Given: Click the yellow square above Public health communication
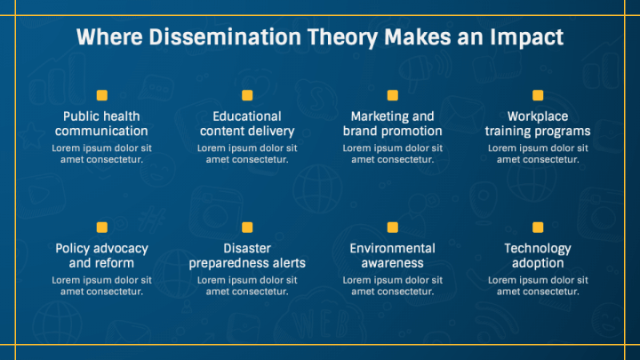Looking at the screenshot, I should [x=101, y=95].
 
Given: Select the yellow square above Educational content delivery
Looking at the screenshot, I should [x=247, y=95].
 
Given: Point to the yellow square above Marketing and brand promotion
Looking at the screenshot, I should [x=392, y=95].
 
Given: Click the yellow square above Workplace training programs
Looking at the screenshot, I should [x=538, y=95].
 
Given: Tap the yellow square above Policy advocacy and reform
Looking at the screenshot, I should [x=101, y=228].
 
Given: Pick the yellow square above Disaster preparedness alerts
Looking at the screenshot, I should [x=247, y=228].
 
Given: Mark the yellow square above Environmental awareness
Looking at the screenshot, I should [x=392, y=228].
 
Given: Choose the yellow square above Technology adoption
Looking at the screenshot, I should [x=538, y=228].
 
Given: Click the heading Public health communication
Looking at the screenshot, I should [x=101, y=124].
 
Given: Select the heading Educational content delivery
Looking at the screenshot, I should [x=247, y=124].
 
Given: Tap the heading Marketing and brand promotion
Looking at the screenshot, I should [x=392, y=124].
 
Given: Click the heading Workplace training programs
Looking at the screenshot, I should [x=538, y=124].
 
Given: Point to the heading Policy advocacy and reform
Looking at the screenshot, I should [x=101, y=256].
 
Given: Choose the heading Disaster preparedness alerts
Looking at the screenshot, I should [x=247, y=256].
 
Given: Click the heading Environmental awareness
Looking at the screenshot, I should [x=392, y=256].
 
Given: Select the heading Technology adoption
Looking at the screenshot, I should [x=538, y=256].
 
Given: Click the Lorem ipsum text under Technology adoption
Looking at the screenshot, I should [x=538, y=285].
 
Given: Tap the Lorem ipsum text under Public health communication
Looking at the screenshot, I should [x=101, y=153].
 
